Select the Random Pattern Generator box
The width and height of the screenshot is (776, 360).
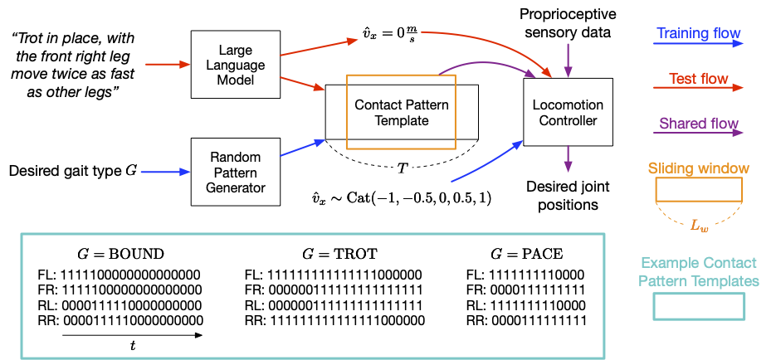point(235,172)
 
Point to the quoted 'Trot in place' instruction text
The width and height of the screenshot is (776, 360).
point(73,66)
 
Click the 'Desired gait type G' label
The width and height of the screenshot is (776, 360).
point(73,172)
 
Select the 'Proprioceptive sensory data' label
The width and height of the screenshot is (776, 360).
point(567,24)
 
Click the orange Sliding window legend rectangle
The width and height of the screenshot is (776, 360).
point(699,191)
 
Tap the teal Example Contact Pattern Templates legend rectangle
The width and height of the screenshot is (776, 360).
point(699,307)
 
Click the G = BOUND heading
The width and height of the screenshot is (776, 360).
point(131,254)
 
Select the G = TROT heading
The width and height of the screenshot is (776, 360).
point(332,254)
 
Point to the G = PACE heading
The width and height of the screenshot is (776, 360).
point(526,254)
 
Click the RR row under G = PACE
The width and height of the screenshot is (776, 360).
point(525,320)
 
